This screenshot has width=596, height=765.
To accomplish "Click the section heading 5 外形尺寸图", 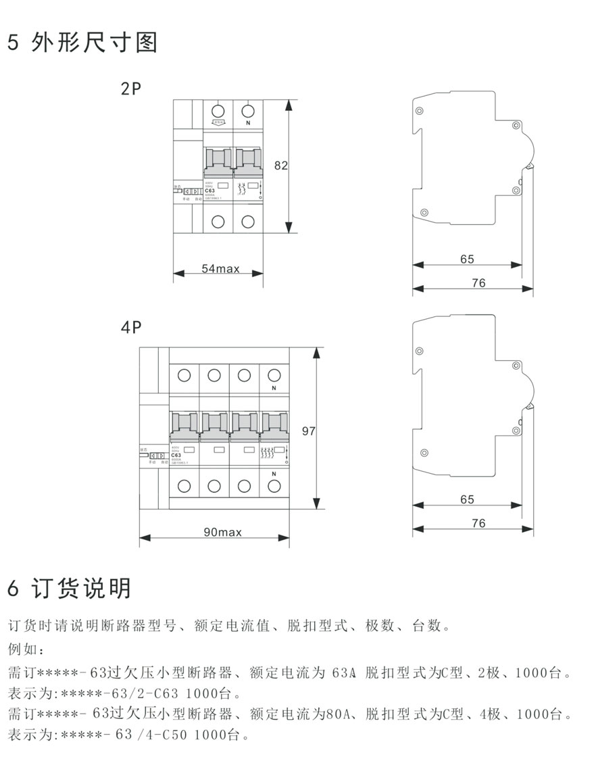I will click(82, 43).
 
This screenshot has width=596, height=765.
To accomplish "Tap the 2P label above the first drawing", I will click(130, 89).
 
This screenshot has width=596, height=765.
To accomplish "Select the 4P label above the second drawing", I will click(130, 328).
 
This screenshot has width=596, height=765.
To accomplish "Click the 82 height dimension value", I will click(280, 165).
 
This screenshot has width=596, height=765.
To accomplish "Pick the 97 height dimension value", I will click(308, 431).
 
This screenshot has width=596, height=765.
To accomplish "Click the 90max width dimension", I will click(222, 532).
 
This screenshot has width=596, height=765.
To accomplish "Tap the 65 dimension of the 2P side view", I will click(466, 259).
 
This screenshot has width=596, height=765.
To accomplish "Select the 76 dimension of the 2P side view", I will click(478, 283).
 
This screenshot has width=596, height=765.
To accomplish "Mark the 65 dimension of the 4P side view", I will click(466, 499).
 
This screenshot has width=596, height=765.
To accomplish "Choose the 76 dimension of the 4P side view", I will click(478, 523).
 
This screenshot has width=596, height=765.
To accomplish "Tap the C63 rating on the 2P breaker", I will click(210, 191).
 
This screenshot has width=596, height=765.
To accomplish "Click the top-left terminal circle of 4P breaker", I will click(184, 374).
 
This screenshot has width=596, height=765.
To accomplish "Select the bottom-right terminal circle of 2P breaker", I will click(248, 221).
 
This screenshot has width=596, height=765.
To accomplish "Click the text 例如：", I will click(25, 650).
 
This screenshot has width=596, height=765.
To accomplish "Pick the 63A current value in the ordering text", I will click(345, 673).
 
